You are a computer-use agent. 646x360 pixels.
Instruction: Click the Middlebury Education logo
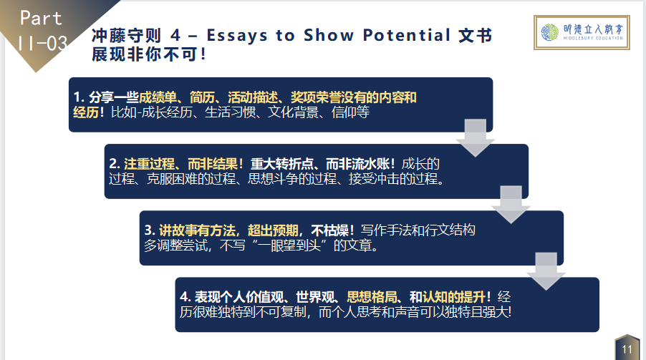coord(582,32)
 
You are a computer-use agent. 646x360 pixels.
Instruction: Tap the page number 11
coord(627,349)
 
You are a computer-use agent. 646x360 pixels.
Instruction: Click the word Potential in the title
coord(406,35)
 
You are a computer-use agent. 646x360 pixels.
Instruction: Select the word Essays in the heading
coord(237,35)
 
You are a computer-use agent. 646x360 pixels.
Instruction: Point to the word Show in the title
coord(328,35)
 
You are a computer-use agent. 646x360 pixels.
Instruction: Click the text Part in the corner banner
coord(41,18)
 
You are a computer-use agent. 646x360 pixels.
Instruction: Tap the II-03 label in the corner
coord(42,43)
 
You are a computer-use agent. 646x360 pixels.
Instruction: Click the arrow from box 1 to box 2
coord(475,138)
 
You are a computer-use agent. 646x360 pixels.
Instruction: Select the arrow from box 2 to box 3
coord(511,205)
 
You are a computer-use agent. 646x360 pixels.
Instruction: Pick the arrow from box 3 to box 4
coord(546,271)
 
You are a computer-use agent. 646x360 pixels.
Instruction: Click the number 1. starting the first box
coord(79,97)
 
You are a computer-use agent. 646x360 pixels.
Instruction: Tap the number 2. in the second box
coord(115,164)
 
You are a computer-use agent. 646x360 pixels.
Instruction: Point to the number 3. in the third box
coord(150,230)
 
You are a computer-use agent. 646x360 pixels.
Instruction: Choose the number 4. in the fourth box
coord(185,297)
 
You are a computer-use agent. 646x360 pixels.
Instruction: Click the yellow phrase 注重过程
coord(149,164)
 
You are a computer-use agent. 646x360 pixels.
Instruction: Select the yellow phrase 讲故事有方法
coord(197,230)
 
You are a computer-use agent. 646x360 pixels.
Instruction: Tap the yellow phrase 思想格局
coord(372,297)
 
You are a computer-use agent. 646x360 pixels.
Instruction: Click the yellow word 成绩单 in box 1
coord(158,97)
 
